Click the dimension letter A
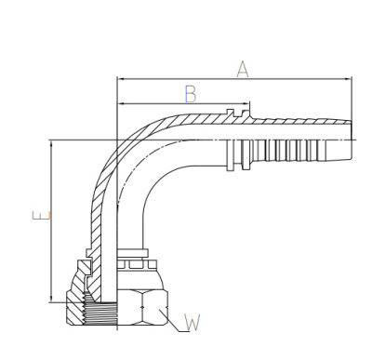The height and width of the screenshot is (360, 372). tap(243, 69)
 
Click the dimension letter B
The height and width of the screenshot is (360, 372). tap(191, 94)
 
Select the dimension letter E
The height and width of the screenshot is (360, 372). tap(41, 216)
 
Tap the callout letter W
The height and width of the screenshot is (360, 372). tap(193, 323)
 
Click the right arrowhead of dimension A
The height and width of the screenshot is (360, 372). tap(349, 79)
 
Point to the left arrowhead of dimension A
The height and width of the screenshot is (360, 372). tap(120, 79)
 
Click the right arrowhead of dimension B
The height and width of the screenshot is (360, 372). tap(246, 103)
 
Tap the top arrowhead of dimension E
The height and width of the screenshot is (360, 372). tap(52, 144)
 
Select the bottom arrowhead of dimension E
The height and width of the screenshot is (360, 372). tap(52, 299)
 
